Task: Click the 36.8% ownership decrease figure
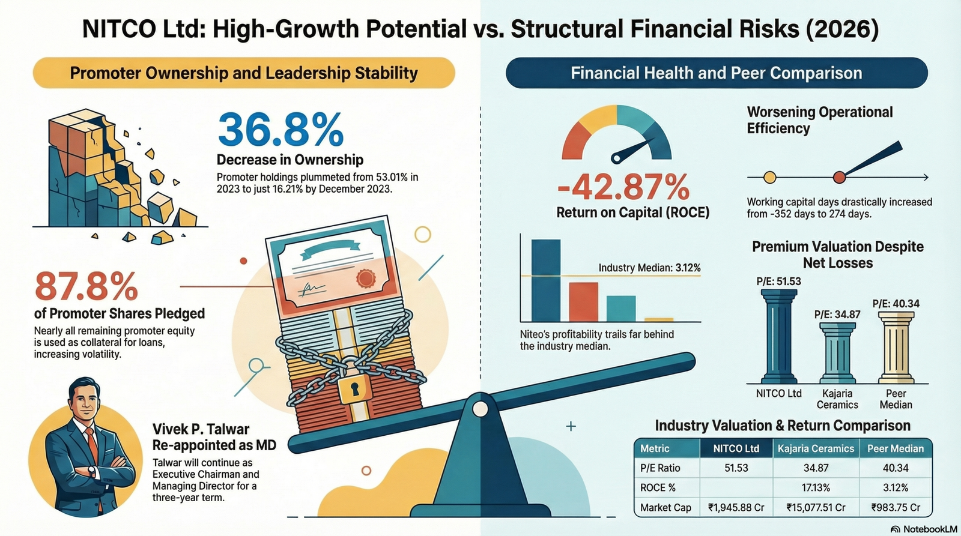(x=281, y=129)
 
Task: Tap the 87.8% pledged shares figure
(x=86, y=286)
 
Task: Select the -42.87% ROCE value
(x=623, y=187)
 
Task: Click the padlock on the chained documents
(x=354, y=388)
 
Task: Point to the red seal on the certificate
(x=366, y=279)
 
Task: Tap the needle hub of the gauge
(x=616, y=158)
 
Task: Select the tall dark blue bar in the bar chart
(x=546, y=280)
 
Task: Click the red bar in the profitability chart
(x=583, y=302)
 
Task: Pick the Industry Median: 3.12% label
(x=649, y=268)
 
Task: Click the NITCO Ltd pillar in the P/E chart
(x=778, y=336)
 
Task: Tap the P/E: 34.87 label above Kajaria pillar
(x=837, y=315)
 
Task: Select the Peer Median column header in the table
(x=896, y=448)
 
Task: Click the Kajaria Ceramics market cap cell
(x=816, y=508)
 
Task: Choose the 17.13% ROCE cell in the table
(x=816, y=487)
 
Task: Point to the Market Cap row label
(x=665, y=508)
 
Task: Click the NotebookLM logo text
(x=930, y=529)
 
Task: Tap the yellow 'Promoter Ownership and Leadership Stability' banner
(x=244, y=73)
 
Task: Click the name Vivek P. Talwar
(x=201, y=429)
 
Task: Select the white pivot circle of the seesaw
(x=480, y=409)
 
